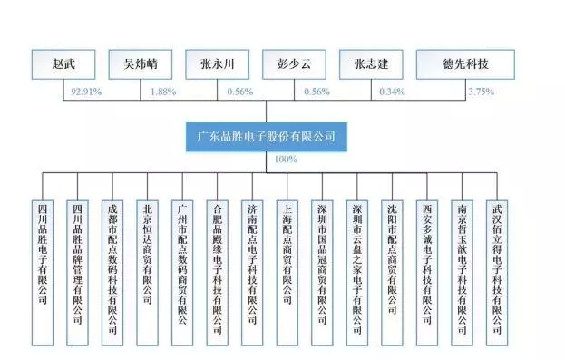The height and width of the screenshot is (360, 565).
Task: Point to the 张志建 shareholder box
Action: [x=371, y=64]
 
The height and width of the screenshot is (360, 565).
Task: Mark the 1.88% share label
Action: [x=164, y=92]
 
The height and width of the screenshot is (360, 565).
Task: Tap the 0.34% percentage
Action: [x=393, y=92]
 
